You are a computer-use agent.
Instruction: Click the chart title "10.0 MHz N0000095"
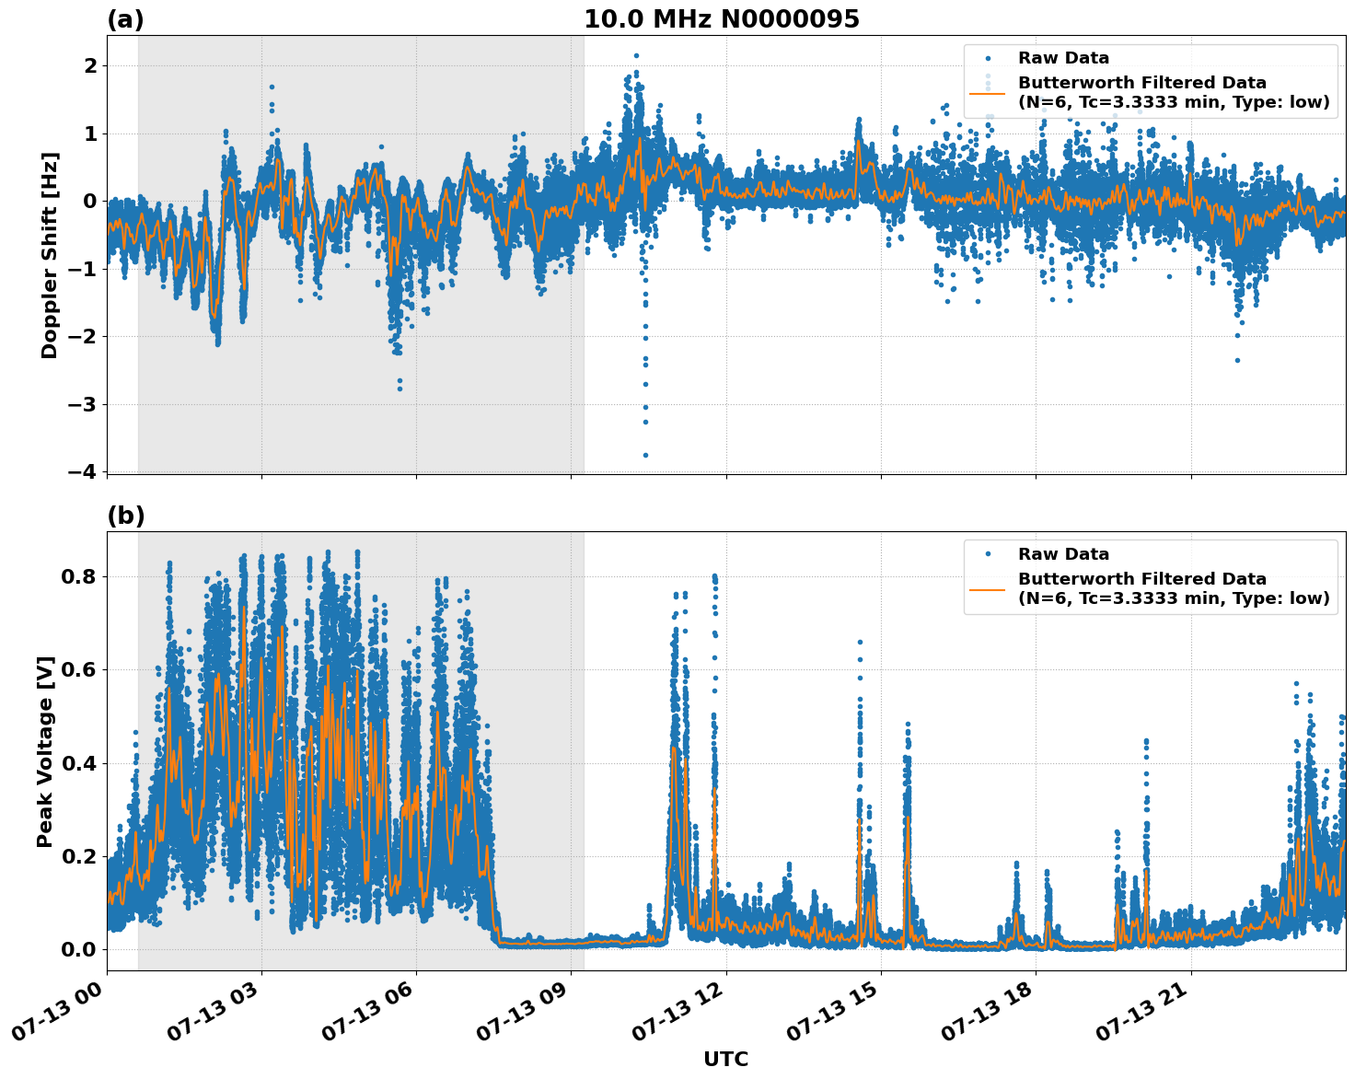(x=721, y=19)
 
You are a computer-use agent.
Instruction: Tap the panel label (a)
(x=125, y=19)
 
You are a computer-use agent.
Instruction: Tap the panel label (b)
(x=125, y=516)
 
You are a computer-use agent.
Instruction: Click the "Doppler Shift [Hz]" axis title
(x=50, y=255)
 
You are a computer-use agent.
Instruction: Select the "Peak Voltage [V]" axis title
(x=45, y=751)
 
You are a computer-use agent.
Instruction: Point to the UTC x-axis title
(x=725, y=1059)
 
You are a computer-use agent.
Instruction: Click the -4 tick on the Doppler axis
(x=83, y=471)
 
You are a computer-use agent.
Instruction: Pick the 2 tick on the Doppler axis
(x=90, y=65)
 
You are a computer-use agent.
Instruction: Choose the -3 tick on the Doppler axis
(x=83, y=404)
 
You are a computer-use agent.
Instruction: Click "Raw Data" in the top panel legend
(x=1063, y=58)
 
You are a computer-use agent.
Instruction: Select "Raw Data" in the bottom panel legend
(x=1063, y=554)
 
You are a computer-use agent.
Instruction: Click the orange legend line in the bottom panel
(x=987, y=588)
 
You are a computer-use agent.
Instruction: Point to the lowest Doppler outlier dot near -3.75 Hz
(x=645, y=455)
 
